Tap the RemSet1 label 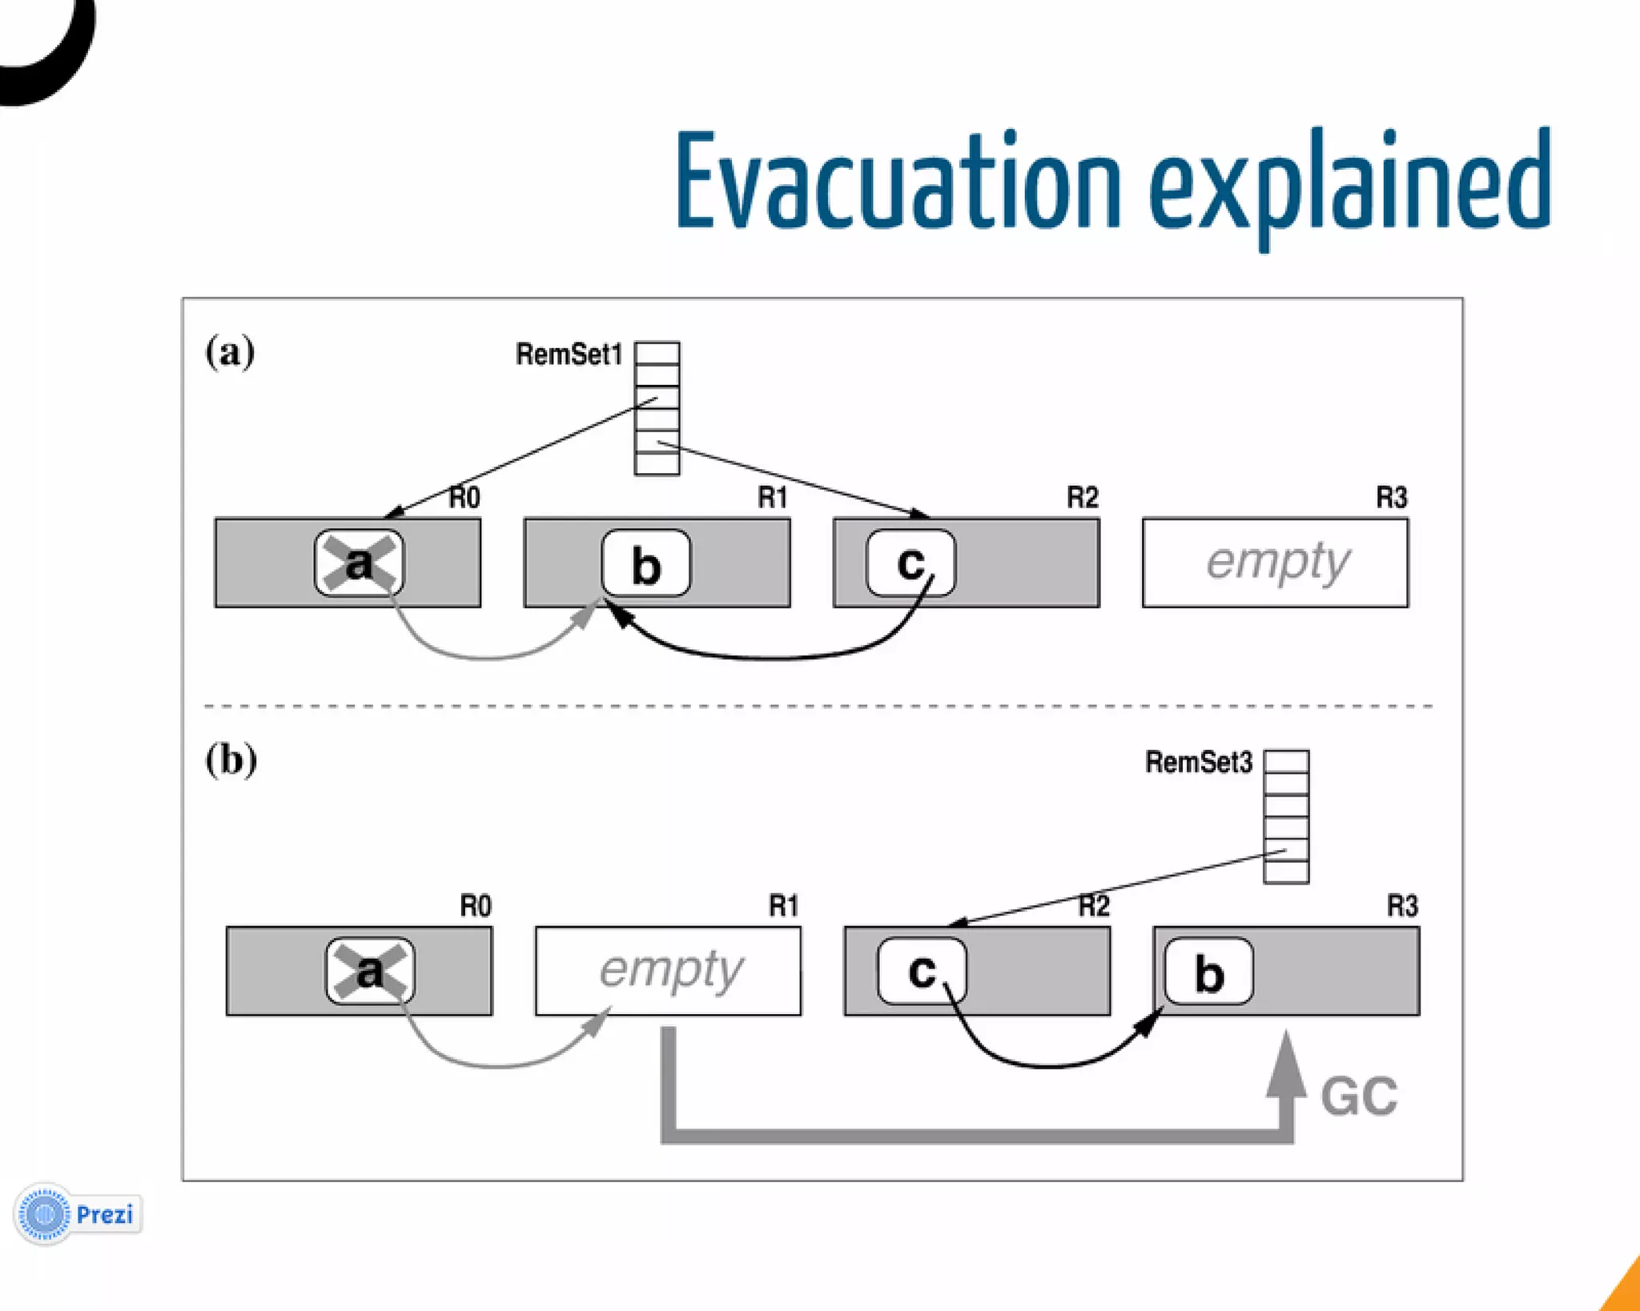(569, 354)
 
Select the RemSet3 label (1198, 762)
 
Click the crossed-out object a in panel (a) (359, 563)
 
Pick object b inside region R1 (645, 563)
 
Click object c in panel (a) (910, 563)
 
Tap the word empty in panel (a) (1277, 562)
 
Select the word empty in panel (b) (670, 970)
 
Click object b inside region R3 (1208, 972)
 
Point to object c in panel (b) (922, 971)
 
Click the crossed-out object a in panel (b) (370, 971)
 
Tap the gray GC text (1358, 1096)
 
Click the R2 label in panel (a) (1082, 498)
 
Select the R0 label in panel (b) (475, 906)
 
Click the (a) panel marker (230, 352)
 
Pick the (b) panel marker (231, 760)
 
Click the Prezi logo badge (78, 1214)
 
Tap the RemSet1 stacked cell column (657, 408)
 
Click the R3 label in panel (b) (1401, 906)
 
